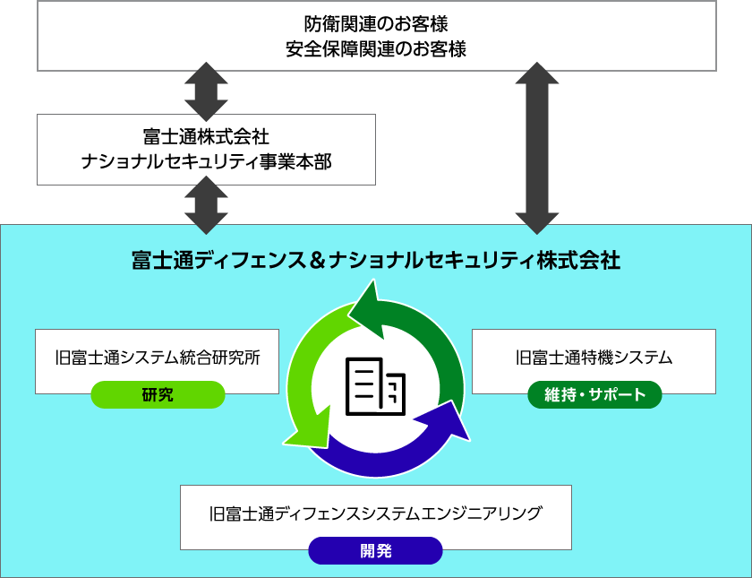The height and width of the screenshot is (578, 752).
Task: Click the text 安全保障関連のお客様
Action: tap(376, 48)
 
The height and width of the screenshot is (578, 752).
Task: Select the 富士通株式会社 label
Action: tap(206, 136)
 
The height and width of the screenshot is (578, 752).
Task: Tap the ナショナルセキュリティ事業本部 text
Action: tap(206, 161)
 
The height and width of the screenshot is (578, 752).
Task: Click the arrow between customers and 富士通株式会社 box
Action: tap(206, 91)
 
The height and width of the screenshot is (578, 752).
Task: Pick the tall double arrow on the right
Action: tap(537, 148)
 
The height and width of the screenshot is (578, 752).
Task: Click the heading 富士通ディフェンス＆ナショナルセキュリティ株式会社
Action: tap(375, 261)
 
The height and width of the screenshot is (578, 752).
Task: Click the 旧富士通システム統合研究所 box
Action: tap(157, 358)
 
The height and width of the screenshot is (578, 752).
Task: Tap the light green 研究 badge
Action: tap(158, 394)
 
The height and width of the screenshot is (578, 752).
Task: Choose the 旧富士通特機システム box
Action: tap(594, 358)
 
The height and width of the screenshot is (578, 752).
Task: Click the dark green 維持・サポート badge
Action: tap(594, 394)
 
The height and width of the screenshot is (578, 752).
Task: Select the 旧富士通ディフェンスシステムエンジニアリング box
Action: tap(375, 514)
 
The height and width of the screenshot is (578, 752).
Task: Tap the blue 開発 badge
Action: tap(375, 550)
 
